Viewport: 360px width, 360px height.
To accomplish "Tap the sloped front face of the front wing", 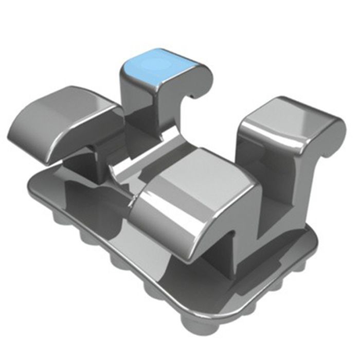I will click(x=170, y=226).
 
